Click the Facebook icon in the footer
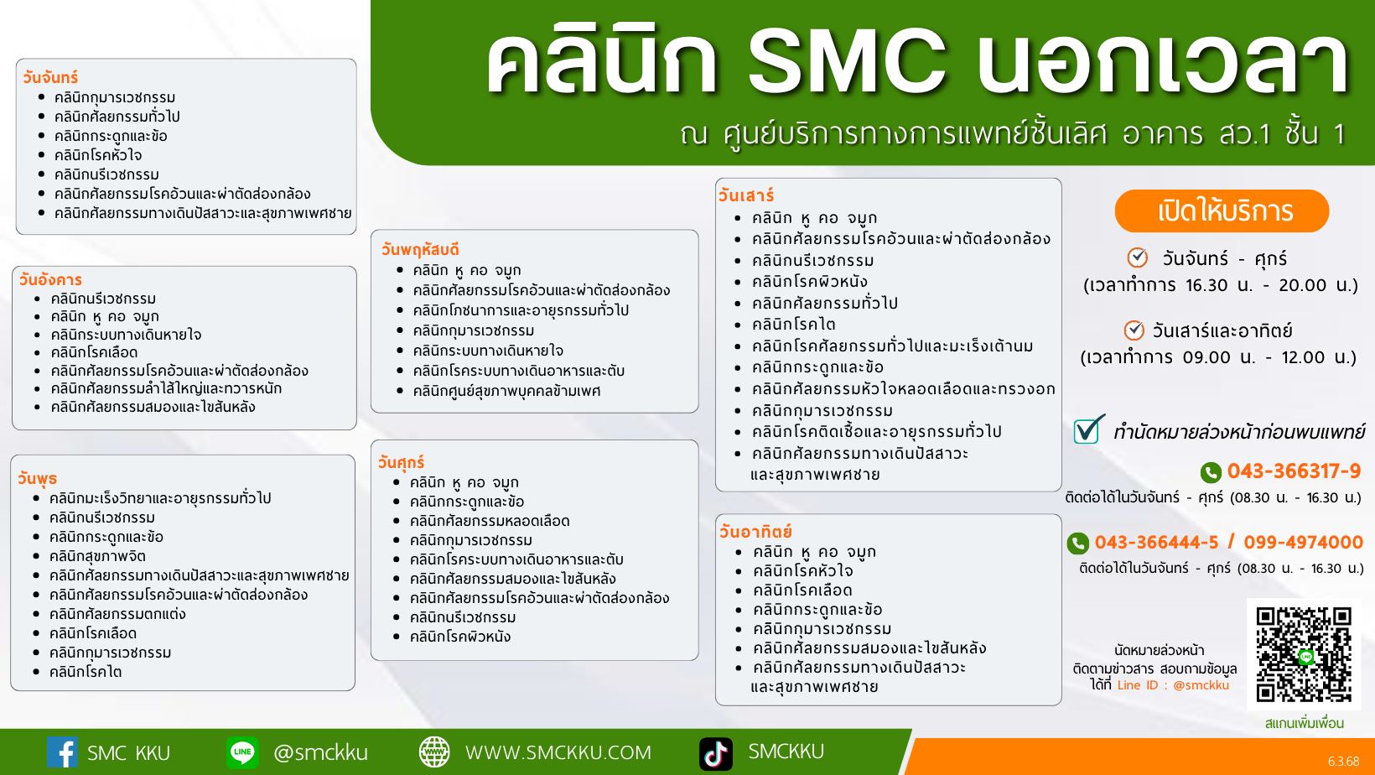[62, 752]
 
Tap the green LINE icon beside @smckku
[242, 752]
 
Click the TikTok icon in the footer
[716, 753]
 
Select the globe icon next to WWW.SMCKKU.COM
[434, 752]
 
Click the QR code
[1304, 654]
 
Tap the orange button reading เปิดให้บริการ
[1222, 211]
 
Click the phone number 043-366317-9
[1294, 471]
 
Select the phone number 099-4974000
[1303, 543]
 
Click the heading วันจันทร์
[50, 77]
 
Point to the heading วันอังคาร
[50, 279]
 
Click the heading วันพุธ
[37, 478]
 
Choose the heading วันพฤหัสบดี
[420, 249]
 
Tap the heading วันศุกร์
[401, 462]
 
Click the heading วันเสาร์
[746, 195]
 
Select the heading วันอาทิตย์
[755, 531]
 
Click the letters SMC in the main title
[847, 60]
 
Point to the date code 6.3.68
[1344, 762]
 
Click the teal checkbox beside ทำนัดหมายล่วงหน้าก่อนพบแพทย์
[1087, 429]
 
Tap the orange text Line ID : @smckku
[1173, 685]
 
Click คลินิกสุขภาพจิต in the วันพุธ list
[97, 556]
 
